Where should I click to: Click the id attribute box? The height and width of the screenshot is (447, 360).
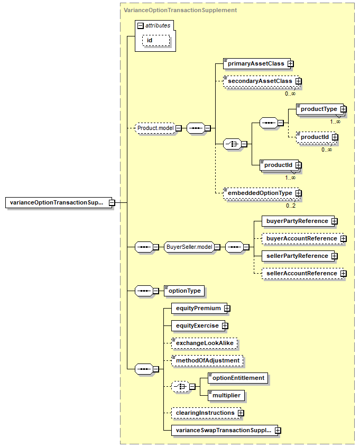156,40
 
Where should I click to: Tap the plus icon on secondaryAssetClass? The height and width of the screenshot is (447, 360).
298,81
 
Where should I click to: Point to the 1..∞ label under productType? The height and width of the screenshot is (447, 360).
335,122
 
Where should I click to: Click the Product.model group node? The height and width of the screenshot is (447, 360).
155,128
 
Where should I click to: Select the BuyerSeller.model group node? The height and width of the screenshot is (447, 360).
189,247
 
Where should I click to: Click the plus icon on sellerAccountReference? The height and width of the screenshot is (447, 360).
344,274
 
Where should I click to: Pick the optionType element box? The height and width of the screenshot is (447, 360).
184,291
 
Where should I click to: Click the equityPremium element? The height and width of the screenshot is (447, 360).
199,309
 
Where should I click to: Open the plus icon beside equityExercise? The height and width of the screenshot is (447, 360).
225,326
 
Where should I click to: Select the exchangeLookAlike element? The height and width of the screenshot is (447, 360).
205,343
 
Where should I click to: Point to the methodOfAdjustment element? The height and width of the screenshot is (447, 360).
207,361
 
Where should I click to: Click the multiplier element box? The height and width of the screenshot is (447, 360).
226,396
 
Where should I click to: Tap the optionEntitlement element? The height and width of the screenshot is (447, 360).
238,378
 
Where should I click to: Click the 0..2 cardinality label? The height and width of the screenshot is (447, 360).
291,206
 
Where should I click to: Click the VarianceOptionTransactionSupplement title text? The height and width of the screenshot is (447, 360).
180,10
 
